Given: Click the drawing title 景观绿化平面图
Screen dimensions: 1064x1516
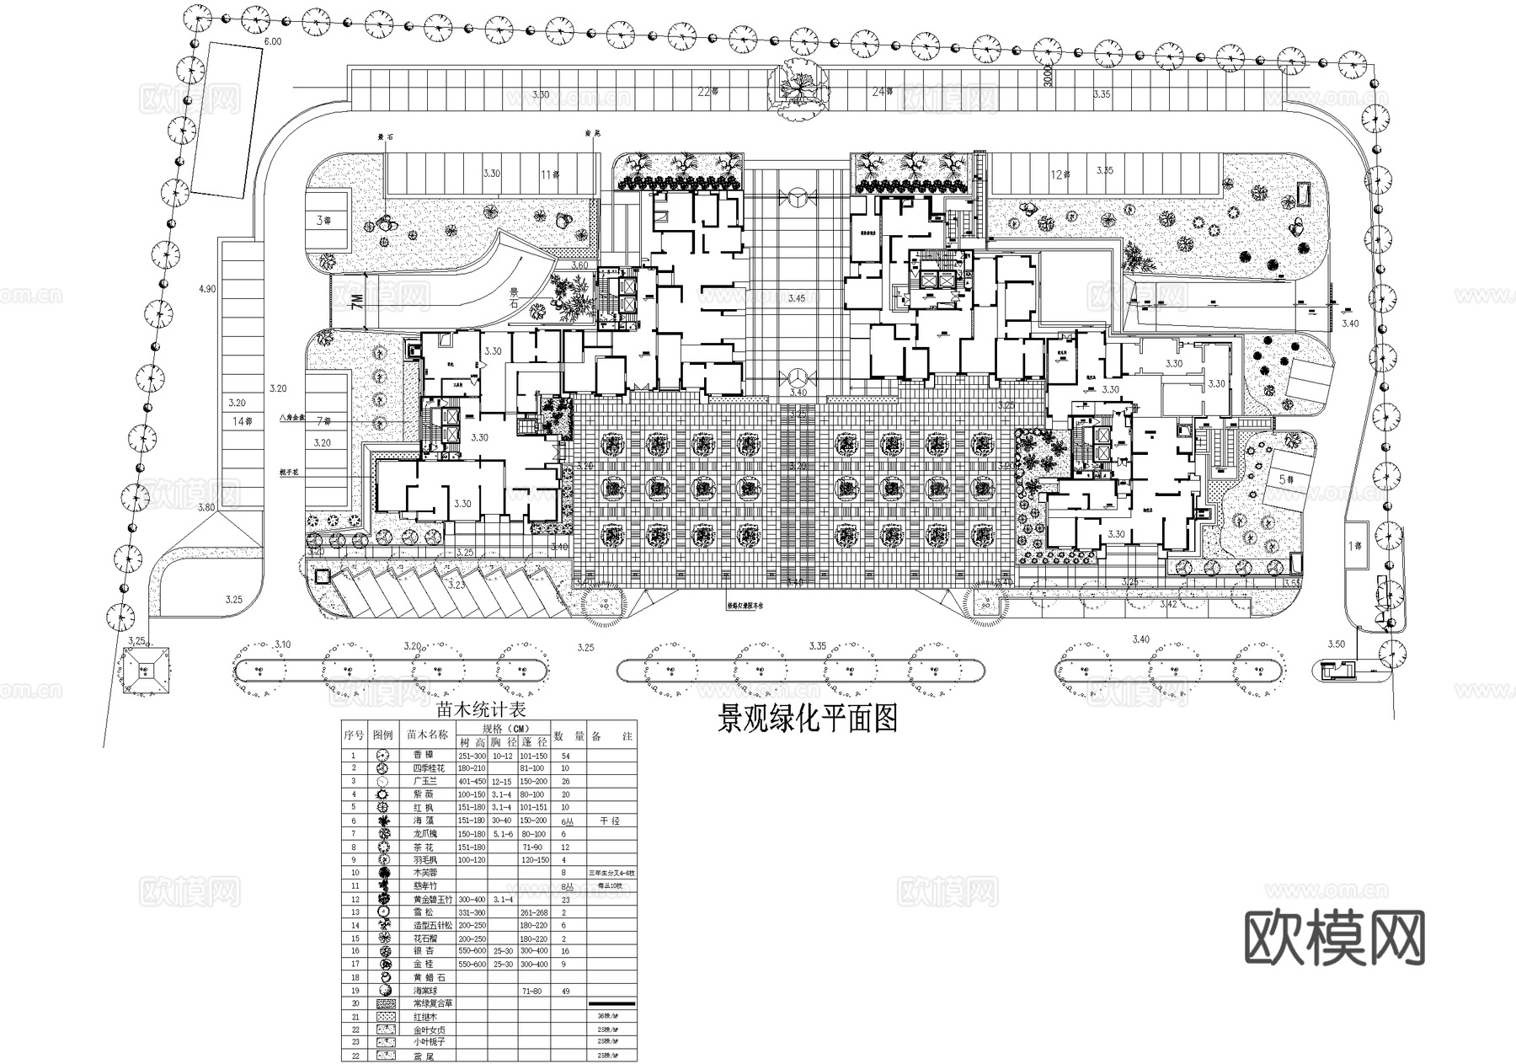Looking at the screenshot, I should click(807, 719).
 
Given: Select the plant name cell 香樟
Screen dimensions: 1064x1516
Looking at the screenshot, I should click(423, 756).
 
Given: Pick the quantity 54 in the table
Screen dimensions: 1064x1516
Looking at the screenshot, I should click(565, 756).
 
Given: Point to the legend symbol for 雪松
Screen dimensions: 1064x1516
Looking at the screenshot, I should click(382, 912).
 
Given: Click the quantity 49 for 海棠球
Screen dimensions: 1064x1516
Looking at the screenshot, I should click(565, 991).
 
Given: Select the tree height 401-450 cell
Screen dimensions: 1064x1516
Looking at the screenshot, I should click(472, 782).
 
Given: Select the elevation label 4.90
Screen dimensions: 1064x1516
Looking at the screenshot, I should click(206, 289).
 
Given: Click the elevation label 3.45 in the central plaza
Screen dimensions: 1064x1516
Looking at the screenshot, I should click(796, 298).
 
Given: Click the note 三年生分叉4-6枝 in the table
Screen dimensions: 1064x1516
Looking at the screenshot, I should click(611, 874).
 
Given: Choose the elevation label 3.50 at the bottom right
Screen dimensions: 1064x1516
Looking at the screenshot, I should click(1337, 644).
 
